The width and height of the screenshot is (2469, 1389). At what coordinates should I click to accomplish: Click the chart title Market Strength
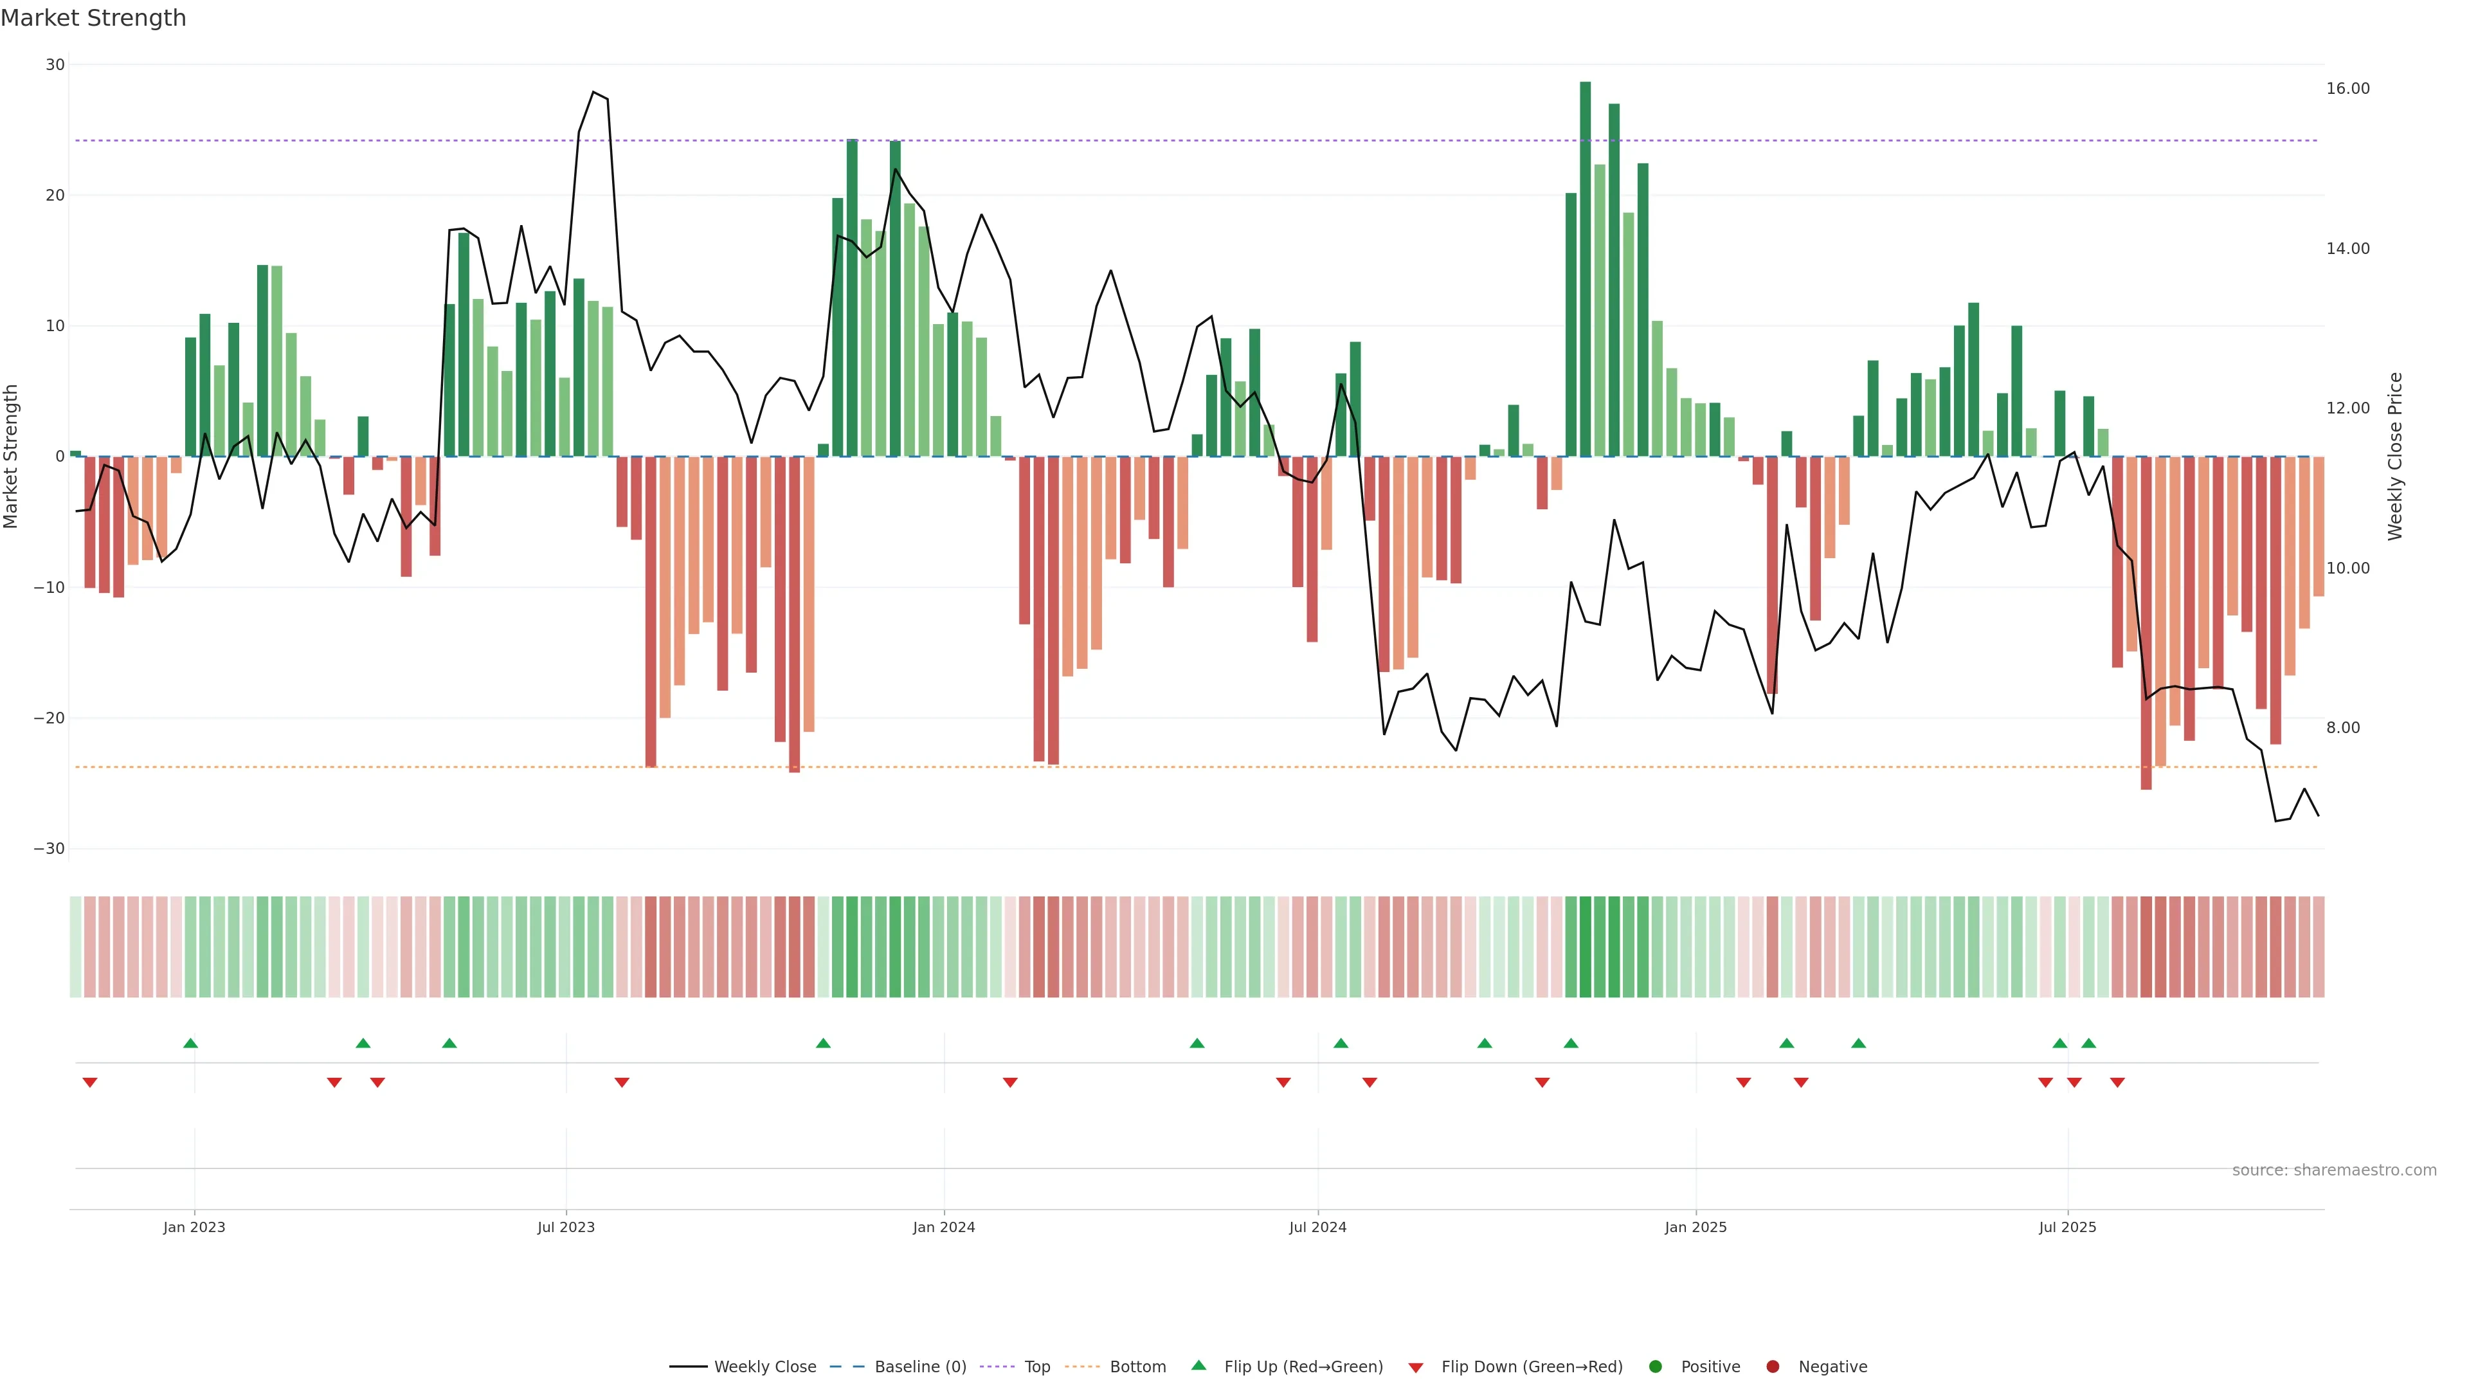pyautogui.click(x=93, y=18)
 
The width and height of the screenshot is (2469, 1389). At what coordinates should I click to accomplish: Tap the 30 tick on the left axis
pyautogui.click(x=55, y=65)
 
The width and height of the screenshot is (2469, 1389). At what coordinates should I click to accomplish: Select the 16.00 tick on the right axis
pyautogui.click(x=2347, y=88)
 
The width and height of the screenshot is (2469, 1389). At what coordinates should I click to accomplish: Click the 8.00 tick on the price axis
pyautogui.click(x=2342, y=727)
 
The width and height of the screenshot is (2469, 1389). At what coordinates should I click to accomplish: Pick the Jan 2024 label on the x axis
pyautogui.click(x=943, y=1227)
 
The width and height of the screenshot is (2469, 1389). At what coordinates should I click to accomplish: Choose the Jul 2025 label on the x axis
pyautogui.click(x=2067, y=1227)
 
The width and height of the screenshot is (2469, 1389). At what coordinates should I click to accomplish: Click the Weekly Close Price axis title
pyautogui.click(x=2394, y=457)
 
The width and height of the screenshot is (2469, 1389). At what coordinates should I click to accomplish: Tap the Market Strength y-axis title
pyautogui.click(x=12, y=457)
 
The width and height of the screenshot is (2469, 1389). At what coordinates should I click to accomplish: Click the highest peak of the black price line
pyautogui.click(x=593, y=92)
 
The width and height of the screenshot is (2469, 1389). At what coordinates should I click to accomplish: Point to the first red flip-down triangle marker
pyautogui.click(x=90, y=1082)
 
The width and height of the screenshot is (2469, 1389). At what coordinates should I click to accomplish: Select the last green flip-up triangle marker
pyautogui.click(x=2088, y=1043)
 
